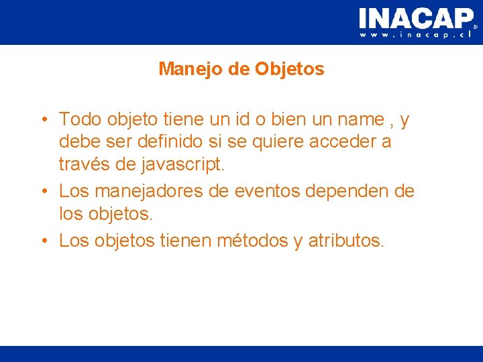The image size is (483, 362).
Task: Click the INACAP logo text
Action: [x=415, y=17]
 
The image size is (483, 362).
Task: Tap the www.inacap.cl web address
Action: [x=417, y=35]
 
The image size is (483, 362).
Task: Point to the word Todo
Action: [x=80, y=120]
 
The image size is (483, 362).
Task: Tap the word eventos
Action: [x=266, y=192]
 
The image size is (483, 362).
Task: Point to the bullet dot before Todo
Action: [x=42, y=121]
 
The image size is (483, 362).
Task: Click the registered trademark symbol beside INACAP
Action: [x=476, y=27]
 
